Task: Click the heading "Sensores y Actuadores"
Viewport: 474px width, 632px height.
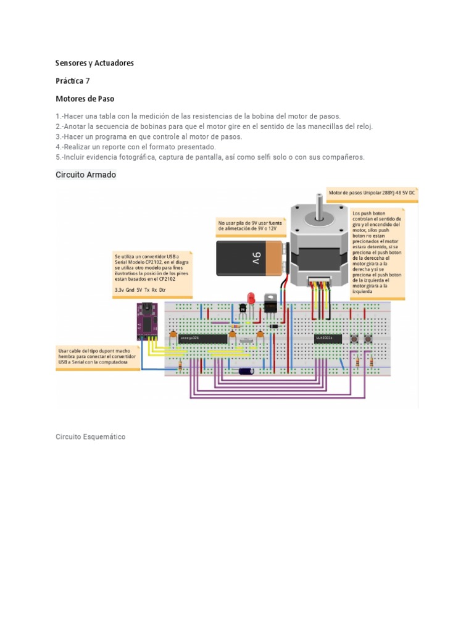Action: (x=94, y=63)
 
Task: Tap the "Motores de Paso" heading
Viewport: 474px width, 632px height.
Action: (x=85, y=99)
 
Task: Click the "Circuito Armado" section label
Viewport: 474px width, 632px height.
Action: (x=86, y=175)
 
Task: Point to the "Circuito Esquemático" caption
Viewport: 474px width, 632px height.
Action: (x=90, y=436)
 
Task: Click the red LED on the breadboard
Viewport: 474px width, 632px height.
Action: (x=251, y=299)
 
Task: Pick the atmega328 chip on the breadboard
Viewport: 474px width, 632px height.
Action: (x=202, y=338)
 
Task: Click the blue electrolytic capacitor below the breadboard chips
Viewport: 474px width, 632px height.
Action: (x=246, y=371)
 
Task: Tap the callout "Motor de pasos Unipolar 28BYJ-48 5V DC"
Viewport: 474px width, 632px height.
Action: (x=372, y=193)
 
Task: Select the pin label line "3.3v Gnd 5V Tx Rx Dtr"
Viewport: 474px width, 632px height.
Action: (x=140, y=289)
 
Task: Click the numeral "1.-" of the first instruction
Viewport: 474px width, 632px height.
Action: (x=60, y=116)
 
